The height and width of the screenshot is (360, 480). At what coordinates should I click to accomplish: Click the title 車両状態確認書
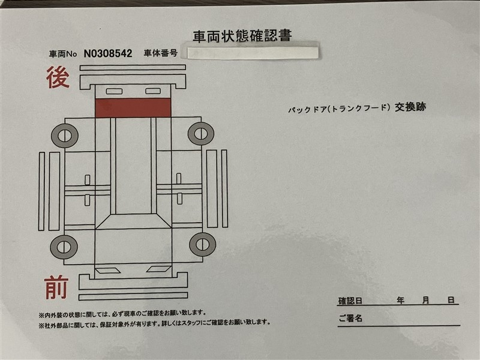click(242, 36)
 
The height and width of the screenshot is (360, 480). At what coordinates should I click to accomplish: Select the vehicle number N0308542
click(108, 53)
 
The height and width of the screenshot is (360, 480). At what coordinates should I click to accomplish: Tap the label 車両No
click(63, 54)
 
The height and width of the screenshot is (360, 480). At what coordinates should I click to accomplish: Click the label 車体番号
click(161, 53)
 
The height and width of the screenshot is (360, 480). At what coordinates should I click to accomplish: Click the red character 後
click(58, 77)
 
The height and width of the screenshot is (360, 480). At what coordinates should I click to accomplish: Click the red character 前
click(56, 287)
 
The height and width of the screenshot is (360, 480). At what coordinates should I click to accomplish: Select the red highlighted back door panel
click(133, 108)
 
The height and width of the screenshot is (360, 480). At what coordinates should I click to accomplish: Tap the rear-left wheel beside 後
click(65, 136)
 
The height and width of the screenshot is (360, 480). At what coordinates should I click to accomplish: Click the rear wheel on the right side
click(201, 133)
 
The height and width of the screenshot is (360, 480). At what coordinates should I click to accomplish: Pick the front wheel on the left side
click(64, 247)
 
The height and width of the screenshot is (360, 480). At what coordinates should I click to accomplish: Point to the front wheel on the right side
click(202, 244)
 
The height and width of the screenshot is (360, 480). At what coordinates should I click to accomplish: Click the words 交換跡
click(410, 107)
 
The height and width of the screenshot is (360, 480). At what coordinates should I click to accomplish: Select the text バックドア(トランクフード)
click(340, 109)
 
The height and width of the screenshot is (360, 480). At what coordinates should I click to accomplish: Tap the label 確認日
click(350, 301)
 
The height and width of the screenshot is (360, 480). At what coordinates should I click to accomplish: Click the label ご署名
click(350, 319)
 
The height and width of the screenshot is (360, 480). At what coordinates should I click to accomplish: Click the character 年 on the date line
click(400, 301)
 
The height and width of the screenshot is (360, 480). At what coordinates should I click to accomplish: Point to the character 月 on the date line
click(426, 301)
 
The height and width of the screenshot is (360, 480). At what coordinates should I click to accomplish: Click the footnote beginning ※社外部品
click(155, 323)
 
